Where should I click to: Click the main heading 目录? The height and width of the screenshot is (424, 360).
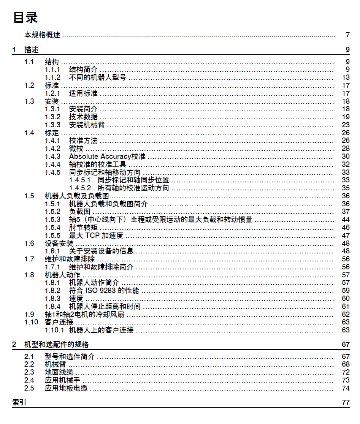click(25, 17)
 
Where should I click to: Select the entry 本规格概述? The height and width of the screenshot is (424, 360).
click(42, 35)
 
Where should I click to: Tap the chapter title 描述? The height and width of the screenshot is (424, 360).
click(31, 50)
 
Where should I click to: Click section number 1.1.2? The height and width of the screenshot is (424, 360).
click(52, 78)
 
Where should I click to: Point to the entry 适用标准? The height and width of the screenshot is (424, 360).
click(83, 93)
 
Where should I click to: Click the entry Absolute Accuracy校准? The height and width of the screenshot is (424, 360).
click(107, 157)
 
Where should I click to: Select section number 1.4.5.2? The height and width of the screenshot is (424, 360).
click(80, 188)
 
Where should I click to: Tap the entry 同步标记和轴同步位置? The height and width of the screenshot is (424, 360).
click(133, 180)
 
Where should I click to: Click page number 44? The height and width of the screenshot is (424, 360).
click(346, 220)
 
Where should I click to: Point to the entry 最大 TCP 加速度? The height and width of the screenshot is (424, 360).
click(96, 236)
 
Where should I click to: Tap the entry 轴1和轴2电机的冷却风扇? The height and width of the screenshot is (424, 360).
click(84, 315)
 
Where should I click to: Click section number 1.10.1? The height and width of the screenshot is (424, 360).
click(54, 330)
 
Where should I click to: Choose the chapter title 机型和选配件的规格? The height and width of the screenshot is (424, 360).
click(56, 345)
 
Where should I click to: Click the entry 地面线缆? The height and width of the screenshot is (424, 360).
click(59, 372)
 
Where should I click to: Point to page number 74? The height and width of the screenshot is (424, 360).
click(346, 388)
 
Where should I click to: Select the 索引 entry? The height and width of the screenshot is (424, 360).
click(19, 402)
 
